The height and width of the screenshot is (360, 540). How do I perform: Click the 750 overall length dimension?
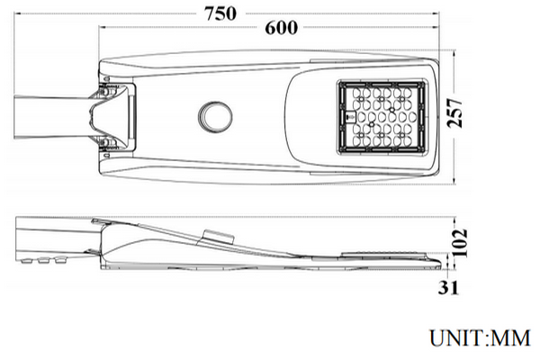coord(220,13)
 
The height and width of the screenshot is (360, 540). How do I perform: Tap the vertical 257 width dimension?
coord(458,114)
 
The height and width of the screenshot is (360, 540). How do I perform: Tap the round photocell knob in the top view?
coord(215,115)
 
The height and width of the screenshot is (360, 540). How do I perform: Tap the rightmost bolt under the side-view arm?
coord(61,260)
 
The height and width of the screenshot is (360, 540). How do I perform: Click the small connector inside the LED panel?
coord(346,116)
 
